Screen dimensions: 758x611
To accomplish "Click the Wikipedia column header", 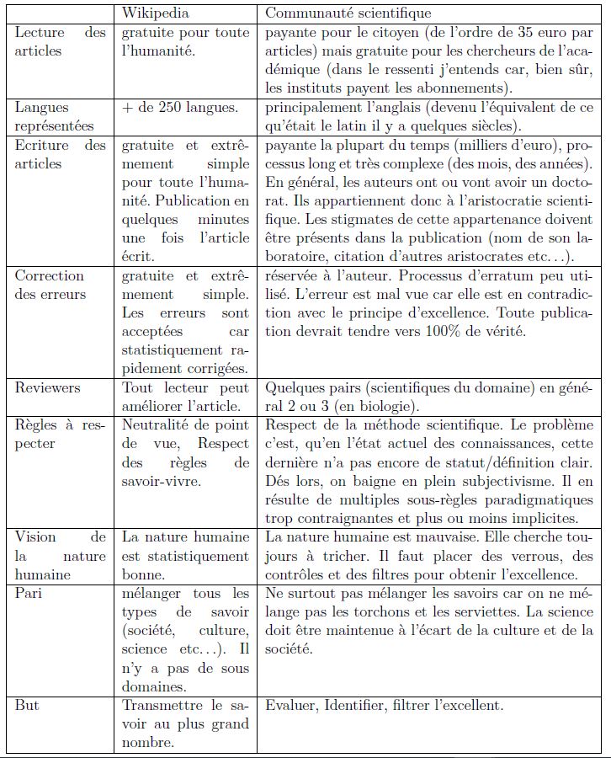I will click(x=156, y=13).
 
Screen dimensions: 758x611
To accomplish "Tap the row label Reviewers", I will click(x=47, y=387).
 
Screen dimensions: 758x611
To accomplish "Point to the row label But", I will click(x=27, y=705).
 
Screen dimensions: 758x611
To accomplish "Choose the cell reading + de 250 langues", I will click(x=179, y=108).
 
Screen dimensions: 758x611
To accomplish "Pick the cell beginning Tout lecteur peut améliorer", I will click(x=185, y=397).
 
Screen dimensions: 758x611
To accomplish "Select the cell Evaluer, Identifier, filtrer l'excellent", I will click(x=384, y=706).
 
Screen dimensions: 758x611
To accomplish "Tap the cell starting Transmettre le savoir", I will click(x=185, y=723).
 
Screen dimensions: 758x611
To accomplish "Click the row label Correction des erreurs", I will click(x=50, y=285).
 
